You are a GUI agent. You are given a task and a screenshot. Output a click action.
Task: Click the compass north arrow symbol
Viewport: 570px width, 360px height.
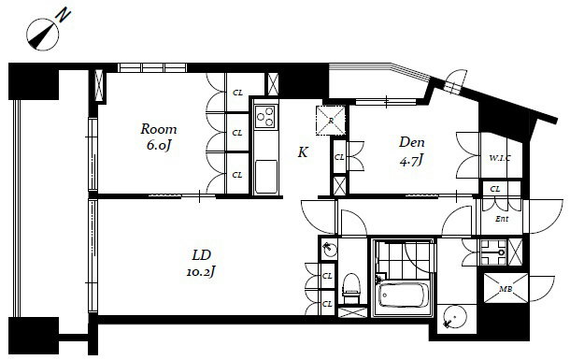[x=42, y=35]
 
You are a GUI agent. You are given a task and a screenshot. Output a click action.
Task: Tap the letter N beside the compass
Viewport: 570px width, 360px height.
[x=64, y=16]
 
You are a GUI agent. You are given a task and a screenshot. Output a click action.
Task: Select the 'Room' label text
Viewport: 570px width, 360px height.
[x=159, y=129]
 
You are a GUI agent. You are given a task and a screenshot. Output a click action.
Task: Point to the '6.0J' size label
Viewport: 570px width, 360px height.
[x=159, y=146]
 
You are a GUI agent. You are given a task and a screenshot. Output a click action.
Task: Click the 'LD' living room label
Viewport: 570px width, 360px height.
[x=202, y=255]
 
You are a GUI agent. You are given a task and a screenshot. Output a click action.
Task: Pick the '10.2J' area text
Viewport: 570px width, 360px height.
[x=201, y=271]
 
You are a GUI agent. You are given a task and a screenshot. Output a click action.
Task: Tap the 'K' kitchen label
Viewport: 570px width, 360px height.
[x=303, y=152]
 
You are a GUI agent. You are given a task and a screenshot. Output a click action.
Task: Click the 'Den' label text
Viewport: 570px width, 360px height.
[x=411, y=142]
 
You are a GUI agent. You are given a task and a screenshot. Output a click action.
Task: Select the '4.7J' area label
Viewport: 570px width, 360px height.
[x=411, y=160]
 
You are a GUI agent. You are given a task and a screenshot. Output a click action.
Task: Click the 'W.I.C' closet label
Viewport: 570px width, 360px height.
[x=500, y=158]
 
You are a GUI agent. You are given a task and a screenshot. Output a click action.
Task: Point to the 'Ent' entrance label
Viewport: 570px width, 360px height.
[x=502, y=219]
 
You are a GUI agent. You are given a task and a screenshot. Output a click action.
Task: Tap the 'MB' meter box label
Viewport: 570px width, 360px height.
[x=506, y=289]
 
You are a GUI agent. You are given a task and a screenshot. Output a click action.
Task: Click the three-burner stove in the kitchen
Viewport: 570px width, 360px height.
[x=265, y=116]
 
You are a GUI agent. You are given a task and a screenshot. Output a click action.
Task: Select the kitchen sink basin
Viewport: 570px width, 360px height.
[x=265, y=177]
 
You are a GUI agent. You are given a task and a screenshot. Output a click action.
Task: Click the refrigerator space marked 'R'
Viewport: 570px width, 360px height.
[x=331, y=121]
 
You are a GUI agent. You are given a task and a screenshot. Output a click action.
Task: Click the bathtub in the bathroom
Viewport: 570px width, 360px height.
[x=402, y=295]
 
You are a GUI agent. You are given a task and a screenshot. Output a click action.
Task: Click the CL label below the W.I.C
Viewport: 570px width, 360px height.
[x=494, y=189]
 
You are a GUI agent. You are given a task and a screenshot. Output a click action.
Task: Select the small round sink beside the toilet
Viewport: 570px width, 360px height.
[x=329, y=250]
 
